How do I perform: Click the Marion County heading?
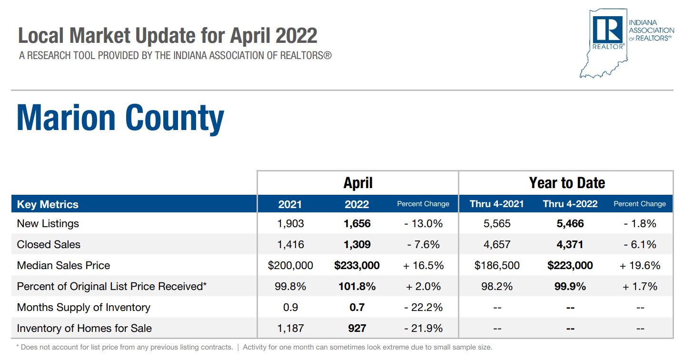point(120,118)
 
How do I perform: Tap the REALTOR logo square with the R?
point(608,30)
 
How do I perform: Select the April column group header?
point(357,183)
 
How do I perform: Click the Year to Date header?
point(566,183)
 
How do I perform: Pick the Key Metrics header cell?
point(48,204)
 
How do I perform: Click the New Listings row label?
point(48,223)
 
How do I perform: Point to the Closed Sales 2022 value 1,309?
point(357,244)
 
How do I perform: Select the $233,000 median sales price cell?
point(357,265)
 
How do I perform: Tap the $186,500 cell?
point(497,265)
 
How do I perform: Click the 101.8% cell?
point(357,286)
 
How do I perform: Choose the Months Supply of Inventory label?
point(83,307)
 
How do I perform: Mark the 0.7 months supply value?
point(357,307)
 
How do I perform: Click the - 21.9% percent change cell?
point(423,328)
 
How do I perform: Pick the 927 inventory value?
point(357,328)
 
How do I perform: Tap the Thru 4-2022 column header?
point(570,204)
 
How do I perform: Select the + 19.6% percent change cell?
point(640,265)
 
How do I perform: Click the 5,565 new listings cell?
point(497,223)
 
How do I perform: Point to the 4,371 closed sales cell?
point(570,244)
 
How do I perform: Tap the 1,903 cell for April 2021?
point(290,223)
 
